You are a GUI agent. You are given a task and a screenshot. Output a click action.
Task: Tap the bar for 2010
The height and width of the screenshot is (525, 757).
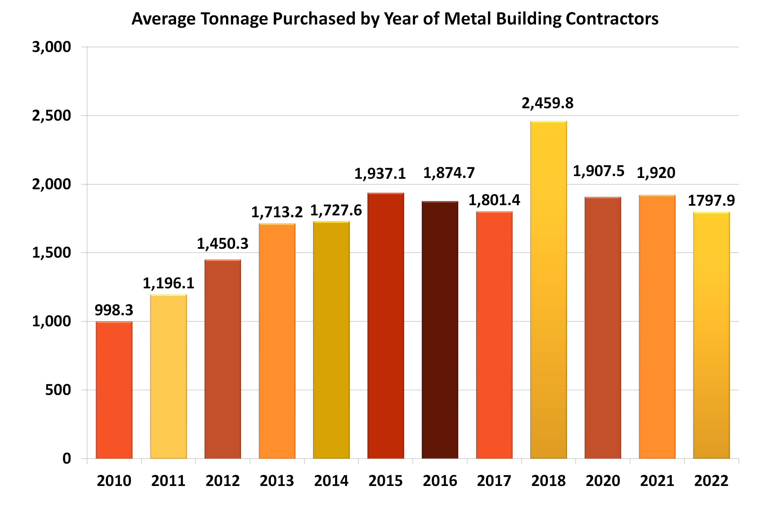pyautogui.click(x=114, y=390)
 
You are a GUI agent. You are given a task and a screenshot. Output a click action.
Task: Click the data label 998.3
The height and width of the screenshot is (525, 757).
pyautogui.click(x=114, y=310)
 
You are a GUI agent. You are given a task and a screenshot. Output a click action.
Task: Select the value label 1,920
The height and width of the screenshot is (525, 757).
pyautogui.click(x=656, y=173)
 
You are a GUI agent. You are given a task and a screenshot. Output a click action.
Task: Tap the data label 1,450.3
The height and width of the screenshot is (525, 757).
pyautogui.click(x=222, y=244)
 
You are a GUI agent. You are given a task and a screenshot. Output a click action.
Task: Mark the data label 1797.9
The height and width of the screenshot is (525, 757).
pyautogui.click(x=711, y=201)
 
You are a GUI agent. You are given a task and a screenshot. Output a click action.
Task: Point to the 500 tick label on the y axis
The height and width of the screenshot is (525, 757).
pyautogui.click(x=58, y=390)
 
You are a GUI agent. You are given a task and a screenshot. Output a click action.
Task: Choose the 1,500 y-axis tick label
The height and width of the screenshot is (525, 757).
pyautogui.click(x=51, y=253)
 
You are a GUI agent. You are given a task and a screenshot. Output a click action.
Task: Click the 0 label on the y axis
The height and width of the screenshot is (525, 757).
pyautogui.click(x=66, y=458)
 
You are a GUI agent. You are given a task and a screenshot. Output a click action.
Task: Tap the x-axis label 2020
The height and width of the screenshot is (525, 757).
pyautogui.click(x=602, y=481)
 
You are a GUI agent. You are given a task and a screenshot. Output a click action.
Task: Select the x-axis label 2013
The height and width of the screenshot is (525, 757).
pyautogui.click(x=276, y=481)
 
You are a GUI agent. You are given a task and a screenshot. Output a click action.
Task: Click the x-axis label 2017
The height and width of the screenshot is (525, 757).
pyautogui.click(x=494, y=481)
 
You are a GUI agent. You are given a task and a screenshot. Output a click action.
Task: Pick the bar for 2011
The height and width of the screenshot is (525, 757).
pyautogui.click(x=168, y=376)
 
